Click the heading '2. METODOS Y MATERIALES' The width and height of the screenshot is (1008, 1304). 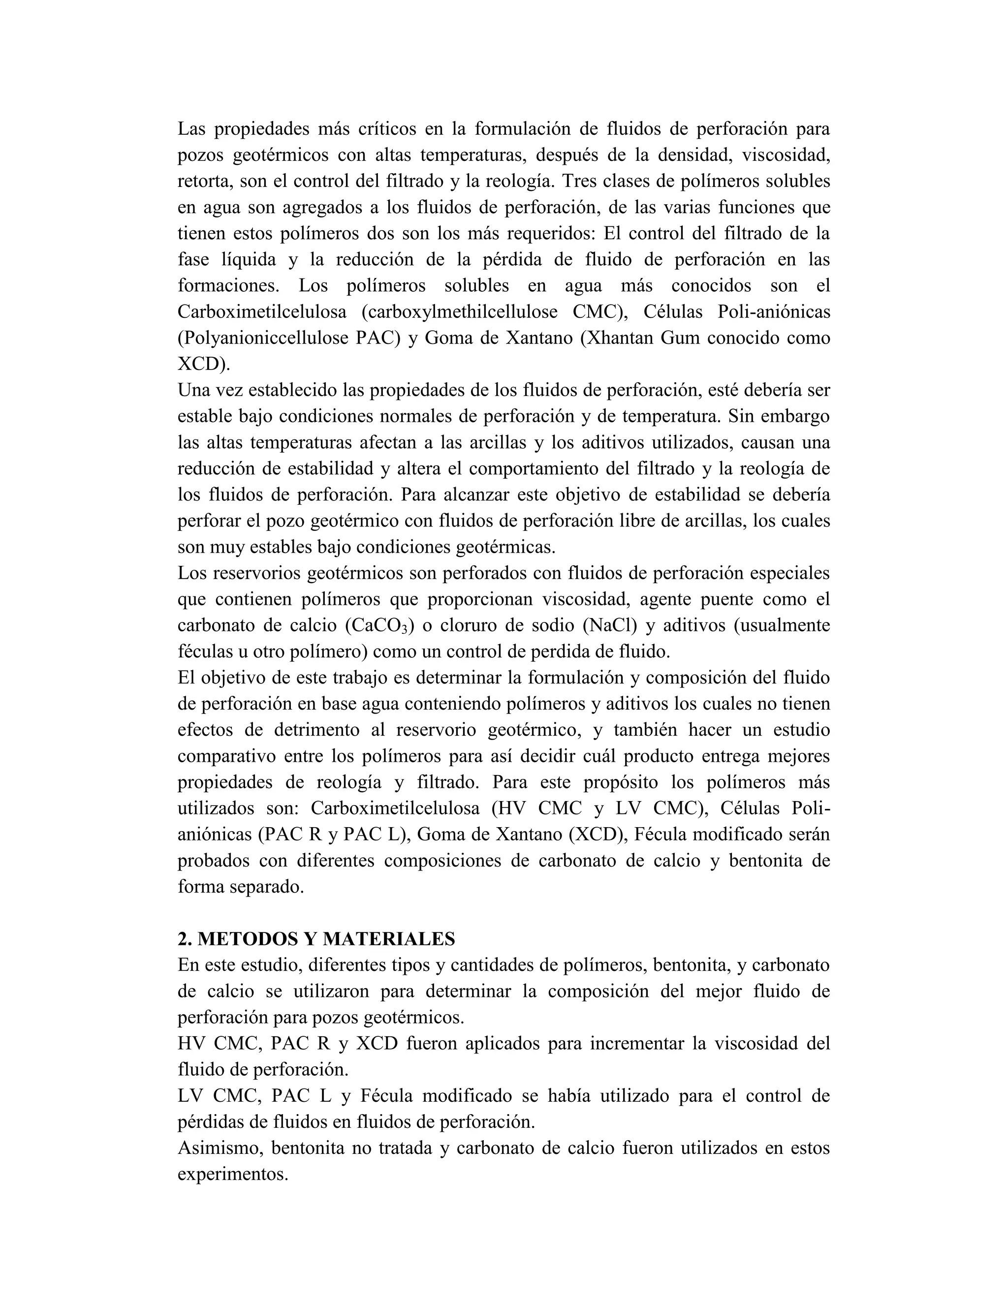(316, 939)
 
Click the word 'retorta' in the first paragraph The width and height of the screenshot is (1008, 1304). (201, 182)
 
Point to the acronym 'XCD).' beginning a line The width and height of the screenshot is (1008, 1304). (204, 364)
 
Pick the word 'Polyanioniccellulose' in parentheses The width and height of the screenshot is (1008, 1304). (266, 338)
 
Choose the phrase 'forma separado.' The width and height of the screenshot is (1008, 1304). (241, 887)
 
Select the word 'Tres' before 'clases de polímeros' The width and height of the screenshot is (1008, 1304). (580, 182)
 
